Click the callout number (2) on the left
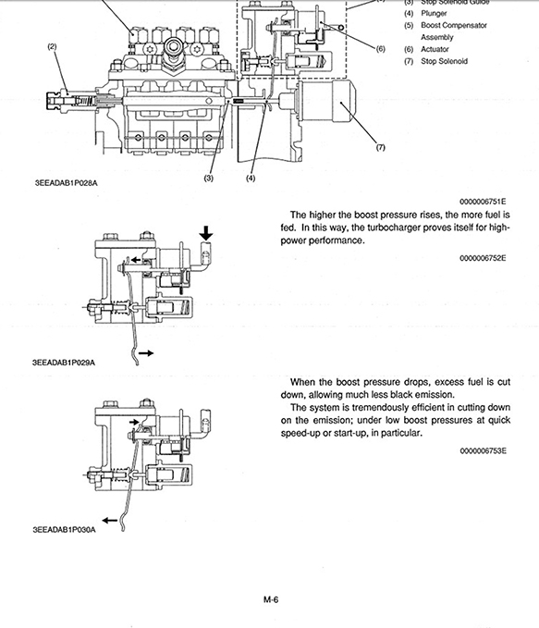coord(52,46)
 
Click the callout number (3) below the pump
coord(209,179)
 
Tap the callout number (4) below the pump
coord(251,179)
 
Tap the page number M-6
coord(271,600)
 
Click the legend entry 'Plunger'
coord(435,14)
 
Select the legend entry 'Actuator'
coord(435,49)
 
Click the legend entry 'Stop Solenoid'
coord(445,61)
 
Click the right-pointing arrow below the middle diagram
coord(147,353)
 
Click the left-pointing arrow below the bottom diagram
coord(112,520)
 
